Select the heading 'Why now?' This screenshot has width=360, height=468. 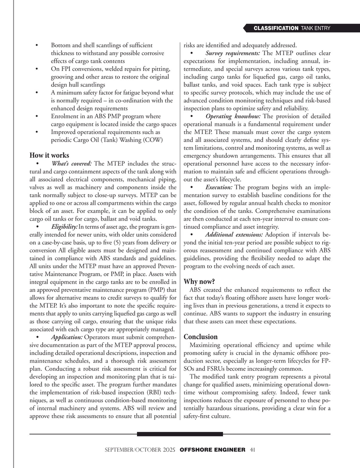(199, 282)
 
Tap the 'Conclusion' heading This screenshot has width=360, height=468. (201, 337)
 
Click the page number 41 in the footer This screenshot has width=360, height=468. (253, 450)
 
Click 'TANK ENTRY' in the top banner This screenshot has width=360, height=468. (315, 29)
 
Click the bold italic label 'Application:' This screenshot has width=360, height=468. (67, 337)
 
